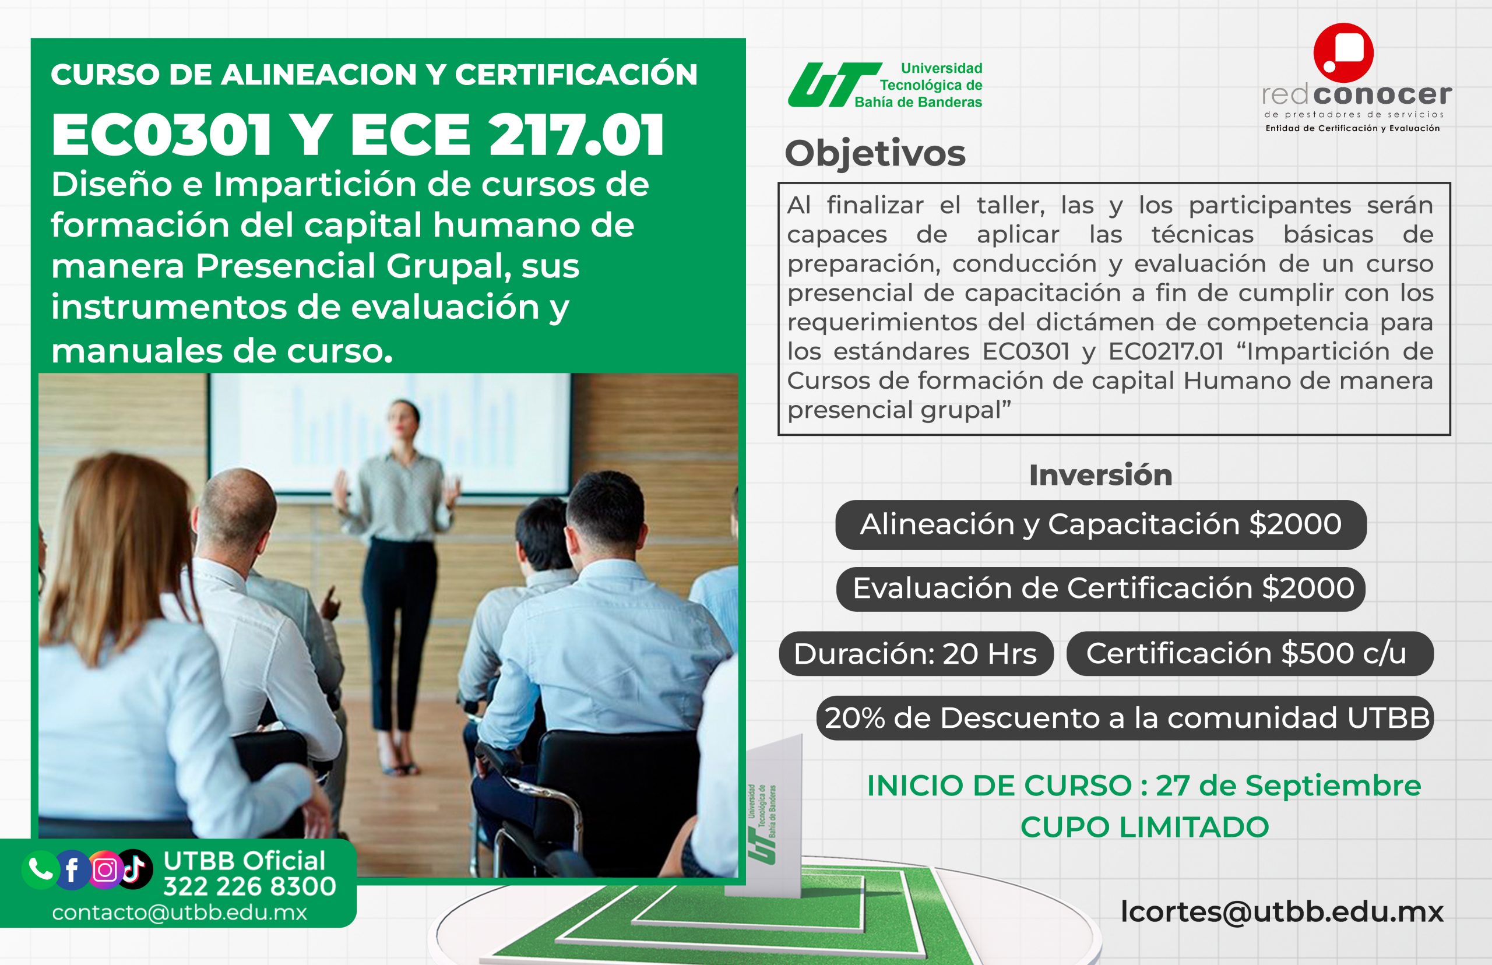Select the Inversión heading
pos(1100,475)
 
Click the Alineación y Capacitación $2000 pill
pos(1101,524)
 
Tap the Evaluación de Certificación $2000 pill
pos(1101,589)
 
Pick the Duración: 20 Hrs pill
pos(916,654)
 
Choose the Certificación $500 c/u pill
pos(1250,654)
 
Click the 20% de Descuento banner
pos(1125,718)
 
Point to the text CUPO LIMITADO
pos(1145,827)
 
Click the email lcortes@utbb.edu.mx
pos(1282,912)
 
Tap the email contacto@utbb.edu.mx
pos(180,913)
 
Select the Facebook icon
pos(72,870)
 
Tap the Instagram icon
pos(105,870)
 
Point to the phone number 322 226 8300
pos(250,887)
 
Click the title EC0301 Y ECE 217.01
pos(358,135)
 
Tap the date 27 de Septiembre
pos(1289,786)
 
